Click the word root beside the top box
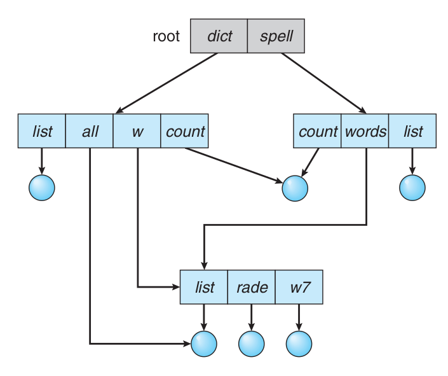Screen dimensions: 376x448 click(166, 36)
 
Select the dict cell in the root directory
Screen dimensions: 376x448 click(219, 36)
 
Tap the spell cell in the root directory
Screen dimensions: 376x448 click(276, 36)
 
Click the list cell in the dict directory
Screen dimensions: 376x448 click(42, 132)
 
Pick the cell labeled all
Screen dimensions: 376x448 click(90, 132)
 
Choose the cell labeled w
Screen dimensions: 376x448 click(137, 132)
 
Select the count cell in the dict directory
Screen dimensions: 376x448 click(185, 132)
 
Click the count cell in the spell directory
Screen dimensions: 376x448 click(318, 132)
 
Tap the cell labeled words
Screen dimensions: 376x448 click(365, 132)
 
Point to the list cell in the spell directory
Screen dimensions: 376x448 click(412, 132)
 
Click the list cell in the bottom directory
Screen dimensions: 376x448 click(204, 288)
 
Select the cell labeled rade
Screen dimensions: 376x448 click(252, 288)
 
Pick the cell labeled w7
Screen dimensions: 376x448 click(299, 288)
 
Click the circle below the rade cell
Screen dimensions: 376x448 click(252, 344)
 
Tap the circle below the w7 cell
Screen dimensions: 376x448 click(299, 344)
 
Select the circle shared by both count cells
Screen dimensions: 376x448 click(295, 188)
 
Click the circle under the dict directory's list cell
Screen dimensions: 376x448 click(42, 187)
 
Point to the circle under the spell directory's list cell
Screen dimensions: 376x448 click(412, 187)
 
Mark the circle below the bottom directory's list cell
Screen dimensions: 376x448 click(204, 344)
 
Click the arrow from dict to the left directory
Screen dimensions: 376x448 click(166, 83)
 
